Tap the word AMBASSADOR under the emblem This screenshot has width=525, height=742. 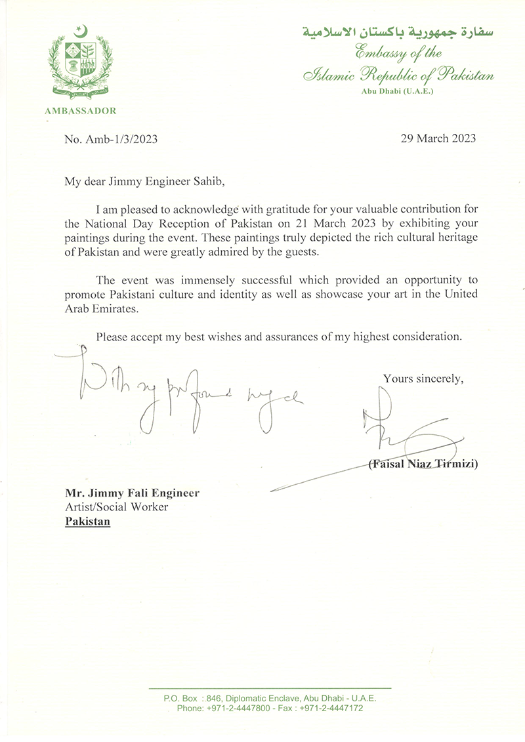pyautogui.click(x=80, y=111)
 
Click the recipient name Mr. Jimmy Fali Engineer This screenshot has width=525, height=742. pyautogui.click(x=131, y=492)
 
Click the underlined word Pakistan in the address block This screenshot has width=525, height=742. pyautogui.click(x=87, y=522)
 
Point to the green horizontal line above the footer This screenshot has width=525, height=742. pyautogui.click(x=270, y=688)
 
